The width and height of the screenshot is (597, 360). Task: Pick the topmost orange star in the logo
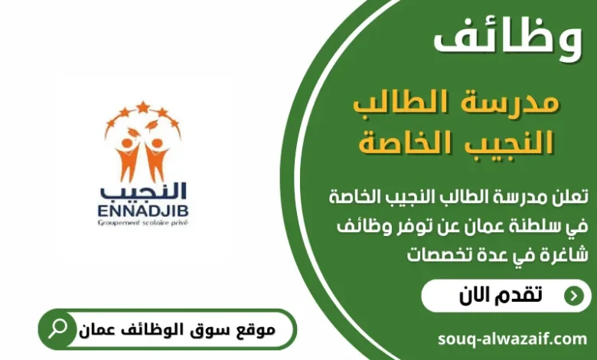[142, 106]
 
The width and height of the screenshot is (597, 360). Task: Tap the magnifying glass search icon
[57, 329]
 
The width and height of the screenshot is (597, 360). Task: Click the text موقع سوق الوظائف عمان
[177, 330]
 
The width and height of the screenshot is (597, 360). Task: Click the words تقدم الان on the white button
[501, 295]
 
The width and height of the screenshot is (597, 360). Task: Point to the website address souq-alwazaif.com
[513, 339]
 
